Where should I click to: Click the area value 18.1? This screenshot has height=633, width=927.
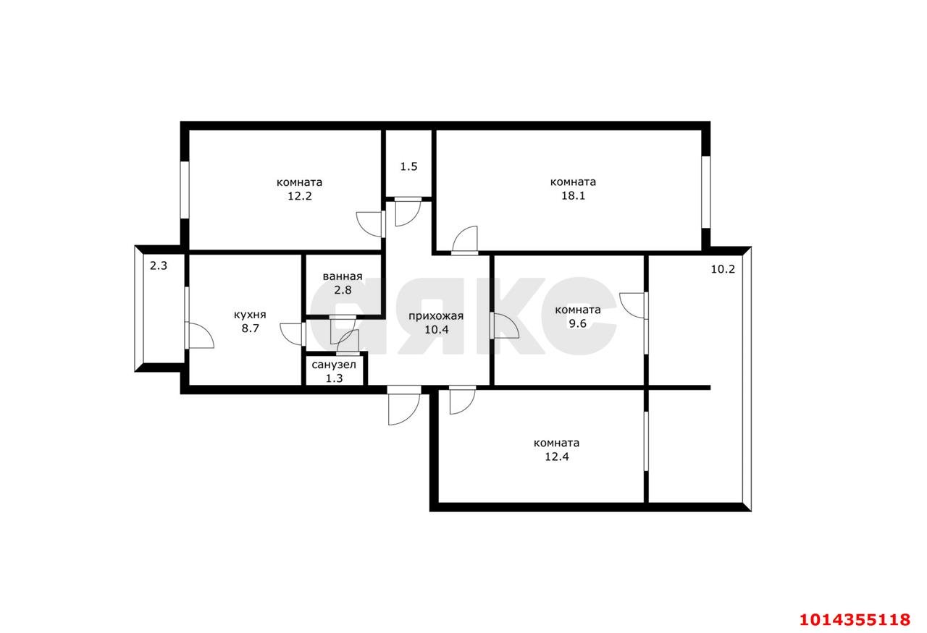point(573,196)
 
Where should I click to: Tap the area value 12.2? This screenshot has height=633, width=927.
point(299,196)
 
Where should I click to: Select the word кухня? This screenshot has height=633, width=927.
point(250,315)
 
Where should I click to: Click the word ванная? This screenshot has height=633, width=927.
point(343,276)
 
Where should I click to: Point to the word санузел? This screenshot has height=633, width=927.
point(334,364)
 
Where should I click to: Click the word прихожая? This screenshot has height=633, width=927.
point(435,315)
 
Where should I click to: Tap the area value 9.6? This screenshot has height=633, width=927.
point(577,323)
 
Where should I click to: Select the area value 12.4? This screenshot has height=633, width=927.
point(556,456)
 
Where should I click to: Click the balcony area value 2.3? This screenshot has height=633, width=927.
point(159,265)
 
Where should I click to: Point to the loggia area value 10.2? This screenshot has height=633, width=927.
point(723,269)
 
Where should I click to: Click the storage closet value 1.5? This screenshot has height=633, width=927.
point(408,166)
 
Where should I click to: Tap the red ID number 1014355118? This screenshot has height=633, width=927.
point(855,619)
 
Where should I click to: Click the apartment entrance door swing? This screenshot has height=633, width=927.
point(403,407)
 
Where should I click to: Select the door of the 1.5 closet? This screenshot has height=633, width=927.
point(407,211)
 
